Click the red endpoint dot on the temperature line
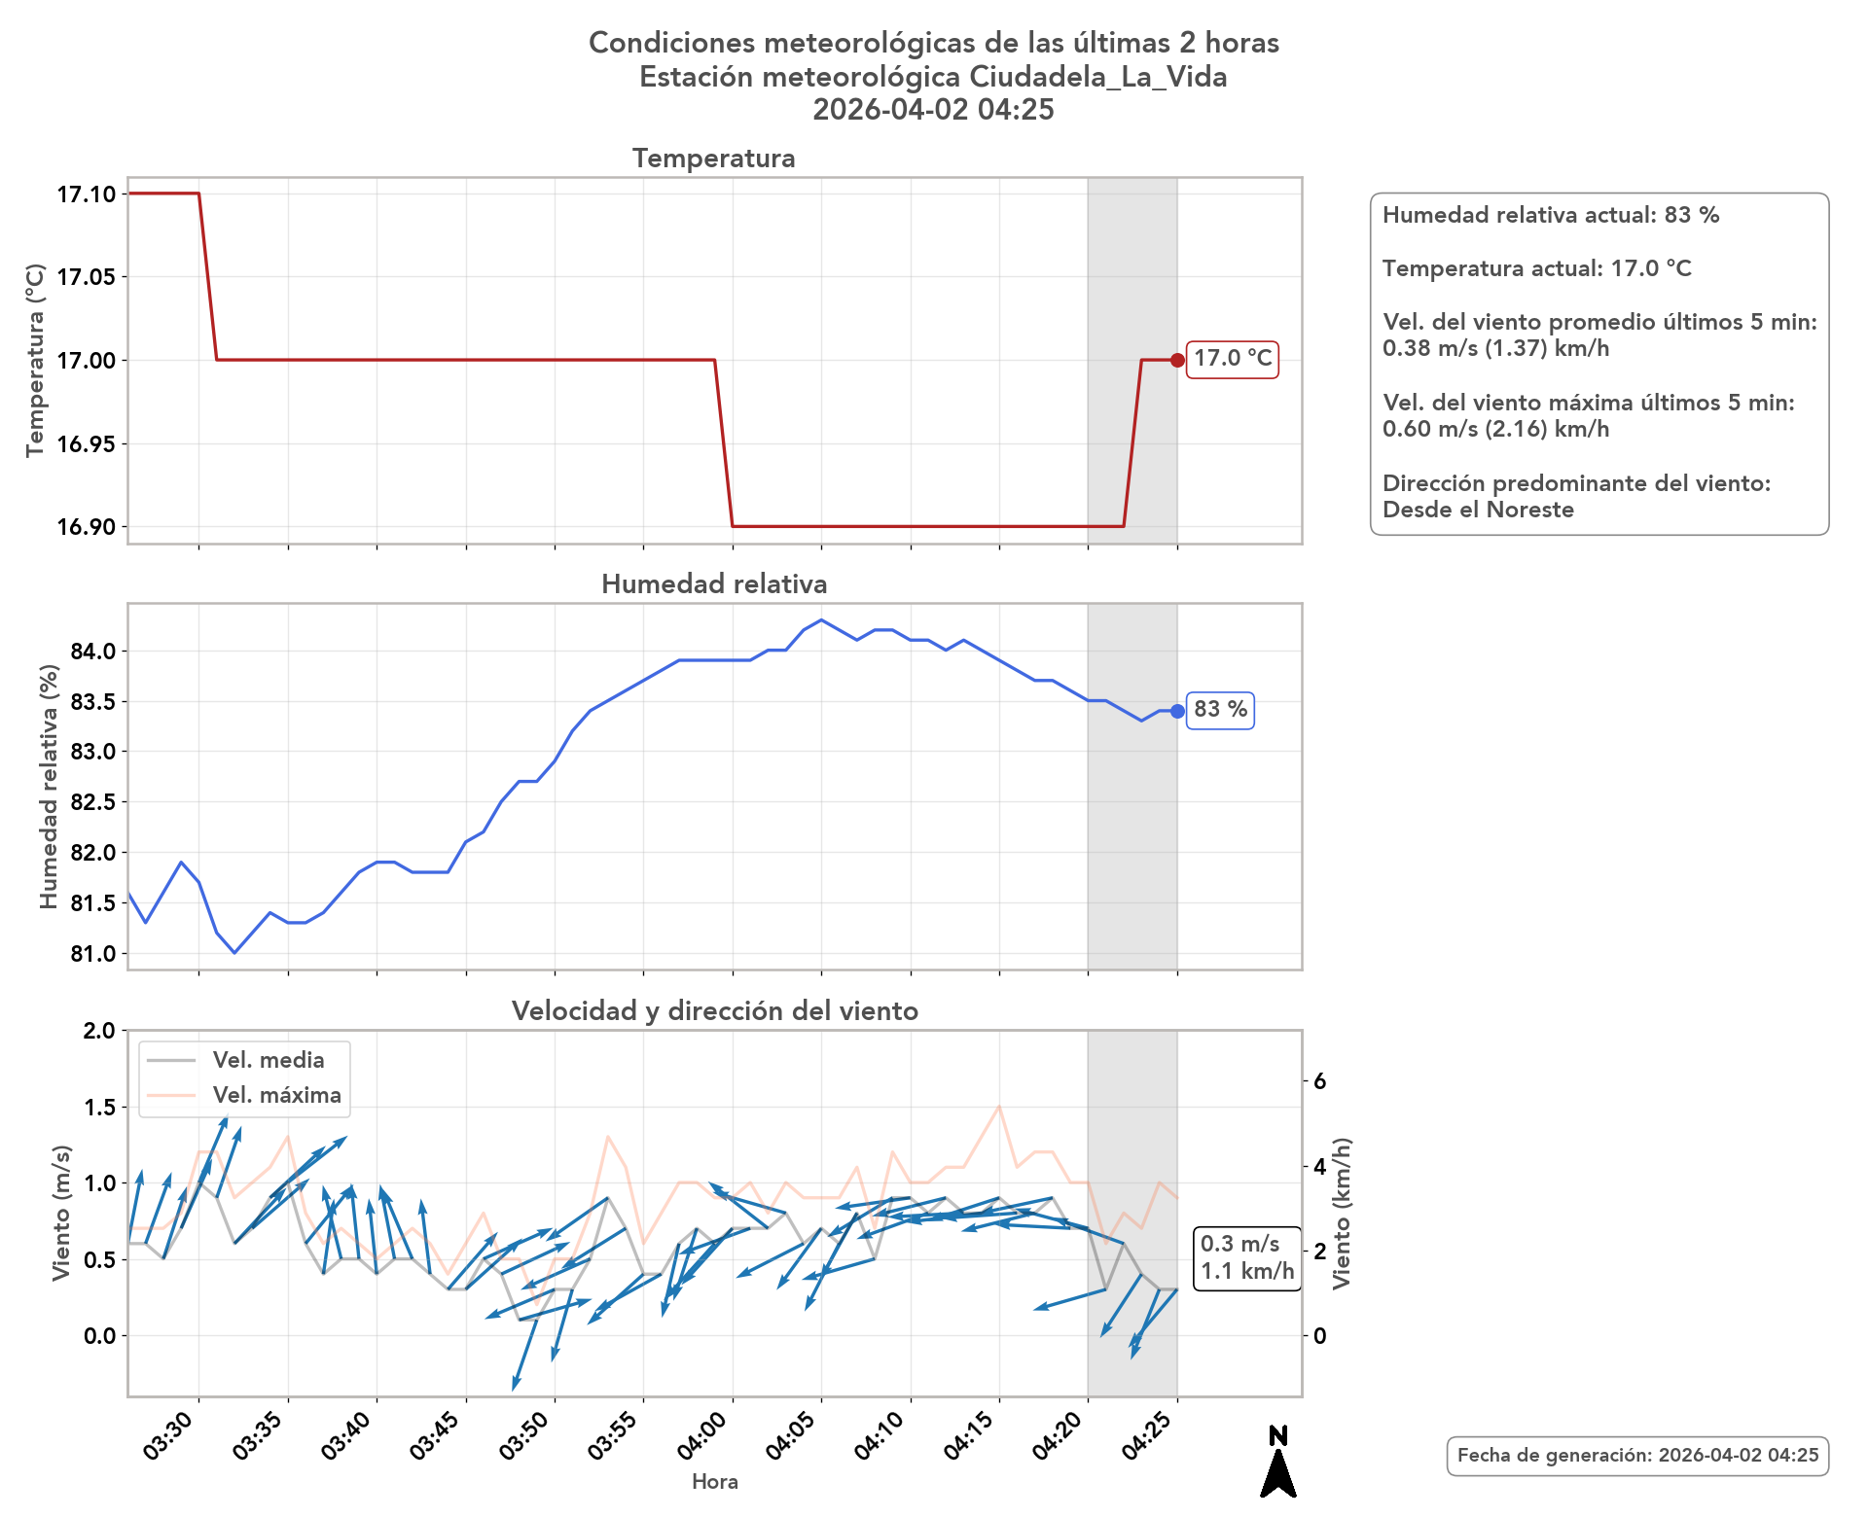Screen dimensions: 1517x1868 (x=1177, y=360)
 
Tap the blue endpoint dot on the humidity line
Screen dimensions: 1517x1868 (x=1177, y=711)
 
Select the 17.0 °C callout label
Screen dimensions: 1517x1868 (x=1233, y=359)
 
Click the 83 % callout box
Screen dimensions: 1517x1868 (x=1220, y=710)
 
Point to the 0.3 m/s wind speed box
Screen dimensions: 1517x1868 (x=1246, y=1257)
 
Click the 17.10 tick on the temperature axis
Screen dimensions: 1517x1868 (x=86, y=194)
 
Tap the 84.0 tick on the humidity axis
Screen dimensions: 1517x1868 (x=93, y=652)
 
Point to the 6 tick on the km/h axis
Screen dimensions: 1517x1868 (x=1319, y=1081)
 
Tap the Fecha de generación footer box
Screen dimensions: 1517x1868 (x=1637, y=1456)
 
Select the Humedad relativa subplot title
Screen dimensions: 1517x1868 (x=714, y=583)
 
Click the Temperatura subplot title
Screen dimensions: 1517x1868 (x=713, y=159)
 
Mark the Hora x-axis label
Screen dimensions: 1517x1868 (x=714, y=1482)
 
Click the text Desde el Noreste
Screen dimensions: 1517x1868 (x=1478, y=510)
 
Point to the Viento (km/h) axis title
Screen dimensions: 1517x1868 (x=1343, y=1213)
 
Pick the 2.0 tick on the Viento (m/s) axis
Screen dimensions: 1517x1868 (x=99, y=1031)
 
